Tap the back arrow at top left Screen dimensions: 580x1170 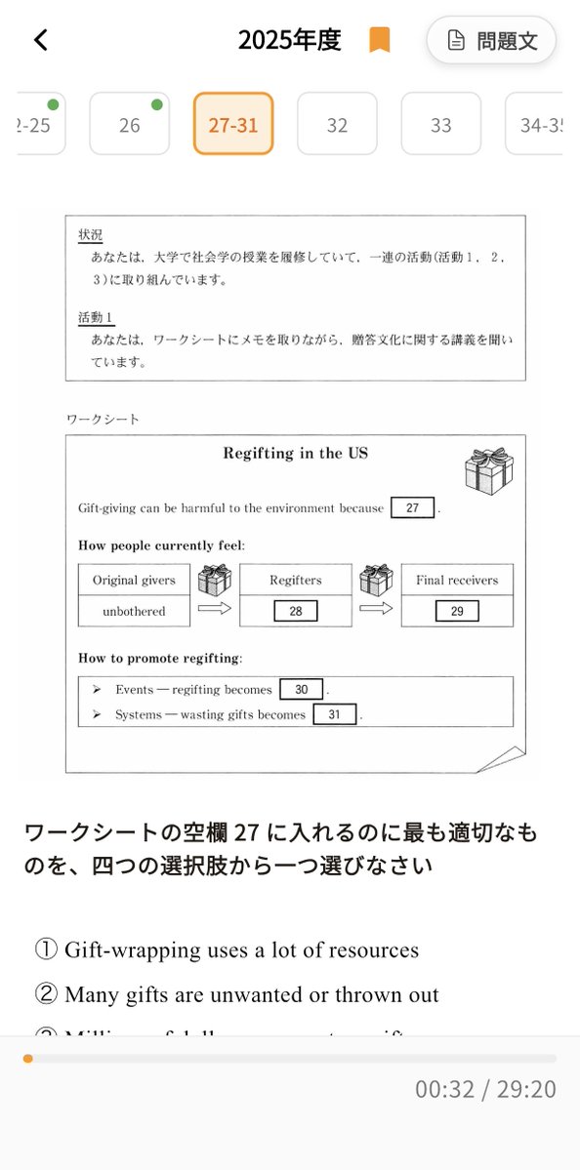tap(41, 40)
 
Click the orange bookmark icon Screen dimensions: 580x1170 tap(379, 40)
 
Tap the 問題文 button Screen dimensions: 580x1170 tap(491, 41)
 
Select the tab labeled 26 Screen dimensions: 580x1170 tap(130, 124)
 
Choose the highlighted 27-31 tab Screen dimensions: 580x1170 tap(233, 124)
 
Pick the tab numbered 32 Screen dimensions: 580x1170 tap(337, 124)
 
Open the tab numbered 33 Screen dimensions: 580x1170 tap(441, 124)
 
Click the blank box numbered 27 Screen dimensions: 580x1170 tap(412, 507)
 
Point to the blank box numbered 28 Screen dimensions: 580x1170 tap(296, 611)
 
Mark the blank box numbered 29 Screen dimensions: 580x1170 tap(457, 611)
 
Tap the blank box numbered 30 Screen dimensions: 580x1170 tap(302, 689)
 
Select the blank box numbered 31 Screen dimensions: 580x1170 tap(335, 714)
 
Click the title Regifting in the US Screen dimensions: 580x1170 tap(295, 454)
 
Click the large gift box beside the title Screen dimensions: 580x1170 tap(488, 471)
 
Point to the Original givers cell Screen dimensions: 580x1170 tap(134, 580)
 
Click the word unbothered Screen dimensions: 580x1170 tap(134, 611)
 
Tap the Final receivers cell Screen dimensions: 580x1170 tap(457, 580)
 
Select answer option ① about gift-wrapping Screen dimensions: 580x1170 tap(228, 949)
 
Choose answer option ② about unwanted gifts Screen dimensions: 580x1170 tap(237, 994)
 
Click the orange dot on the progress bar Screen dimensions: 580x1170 tap(27, 1058)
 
